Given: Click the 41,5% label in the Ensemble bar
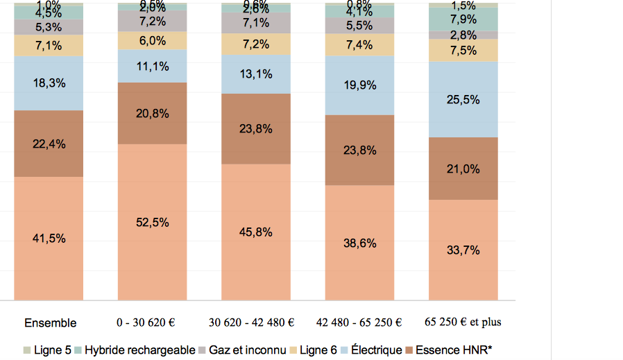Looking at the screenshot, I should [49, 239].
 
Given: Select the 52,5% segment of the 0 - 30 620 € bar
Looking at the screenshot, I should [152, 223].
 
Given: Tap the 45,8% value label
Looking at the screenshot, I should [255, 232].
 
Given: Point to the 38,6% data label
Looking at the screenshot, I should [359, 243].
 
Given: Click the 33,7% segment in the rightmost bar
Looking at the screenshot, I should [463, 250].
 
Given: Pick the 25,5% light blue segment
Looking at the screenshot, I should [463, 100].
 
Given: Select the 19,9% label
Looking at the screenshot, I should [359, 85].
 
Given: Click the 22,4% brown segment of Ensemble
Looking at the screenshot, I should [49, 144].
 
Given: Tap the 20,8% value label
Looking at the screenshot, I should [152, 114].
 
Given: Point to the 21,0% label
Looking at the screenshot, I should [463, 169].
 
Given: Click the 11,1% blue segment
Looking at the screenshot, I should [152, 67].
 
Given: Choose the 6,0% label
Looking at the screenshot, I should [152, 41].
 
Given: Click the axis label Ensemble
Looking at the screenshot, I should [50, 323].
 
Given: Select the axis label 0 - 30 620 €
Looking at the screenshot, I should [146, 323].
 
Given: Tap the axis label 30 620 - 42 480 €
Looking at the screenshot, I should [252, 323].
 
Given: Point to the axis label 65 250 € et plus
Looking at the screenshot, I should [463, 323].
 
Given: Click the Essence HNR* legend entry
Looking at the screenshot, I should [453, 350].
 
